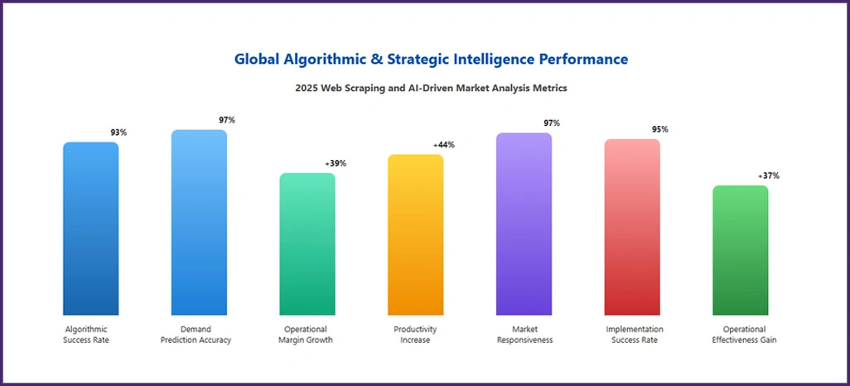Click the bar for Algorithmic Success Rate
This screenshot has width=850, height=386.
[91, 229]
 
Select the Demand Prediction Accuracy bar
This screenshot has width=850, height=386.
[199, 223]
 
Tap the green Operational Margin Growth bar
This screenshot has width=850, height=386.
[307, 244]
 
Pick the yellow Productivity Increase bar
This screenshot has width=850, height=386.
[415, 235]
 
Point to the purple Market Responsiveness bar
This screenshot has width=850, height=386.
[524, 224]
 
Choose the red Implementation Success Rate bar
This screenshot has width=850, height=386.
[632, 227]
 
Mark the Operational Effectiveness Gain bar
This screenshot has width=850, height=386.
[741, 250]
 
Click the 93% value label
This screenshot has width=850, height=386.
[118, 133]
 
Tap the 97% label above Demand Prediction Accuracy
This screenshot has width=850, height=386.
[227, 120]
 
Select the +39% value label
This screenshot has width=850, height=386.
[336, 163]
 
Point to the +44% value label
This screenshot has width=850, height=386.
[443, 145]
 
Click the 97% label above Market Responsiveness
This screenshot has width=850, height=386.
[552, 123]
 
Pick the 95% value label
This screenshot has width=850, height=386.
[659, 129]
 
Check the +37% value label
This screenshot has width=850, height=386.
[768, 176]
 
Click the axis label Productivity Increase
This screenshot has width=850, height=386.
[415, 335]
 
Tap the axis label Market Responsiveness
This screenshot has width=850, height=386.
[524, 335]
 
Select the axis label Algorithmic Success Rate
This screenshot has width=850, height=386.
[86, 335]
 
